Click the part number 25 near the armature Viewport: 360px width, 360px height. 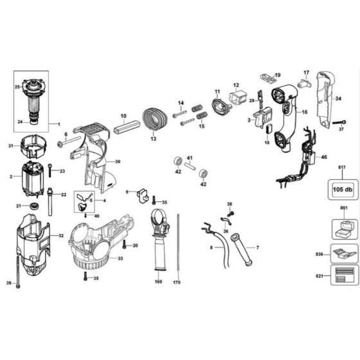coord(17,86)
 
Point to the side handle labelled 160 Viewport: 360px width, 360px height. coord(159,240)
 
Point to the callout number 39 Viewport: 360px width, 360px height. coord(9,283)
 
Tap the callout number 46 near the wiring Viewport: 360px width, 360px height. coord(324,156)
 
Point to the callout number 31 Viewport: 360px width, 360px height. coord(10,147)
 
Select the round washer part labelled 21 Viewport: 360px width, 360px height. coord(34,206)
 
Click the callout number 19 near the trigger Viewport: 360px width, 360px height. coord(278,76)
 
